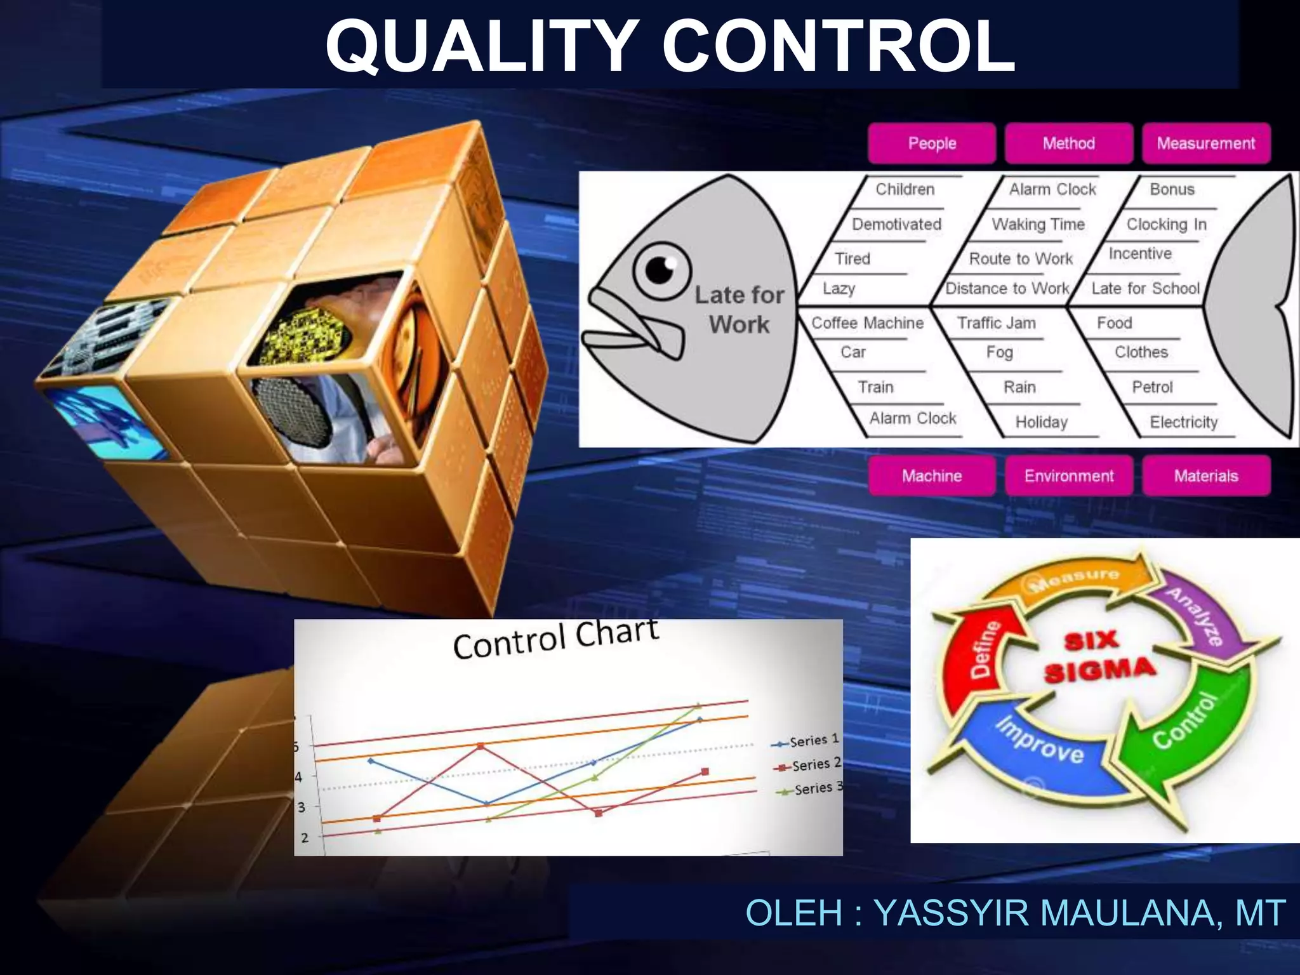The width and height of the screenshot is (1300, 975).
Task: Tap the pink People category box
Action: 931,143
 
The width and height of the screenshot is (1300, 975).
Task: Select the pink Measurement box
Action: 1205,143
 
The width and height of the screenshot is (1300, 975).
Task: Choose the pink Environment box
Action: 1068,476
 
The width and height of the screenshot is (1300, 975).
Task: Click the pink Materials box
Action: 1205,476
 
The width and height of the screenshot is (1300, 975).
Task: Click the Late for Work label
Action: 739,310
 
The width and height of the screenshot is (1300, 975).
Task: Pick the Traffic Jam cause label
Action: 996,323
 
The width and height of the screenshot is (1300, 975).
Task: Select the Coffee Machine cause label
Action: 867,323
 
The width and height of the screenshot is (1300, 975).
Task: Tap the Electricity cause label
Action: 1183,422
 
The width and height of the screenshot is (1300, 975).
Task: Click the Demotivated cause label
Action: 896,224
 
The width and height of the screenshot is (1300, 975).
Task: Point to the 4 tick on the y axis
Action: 300,776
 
